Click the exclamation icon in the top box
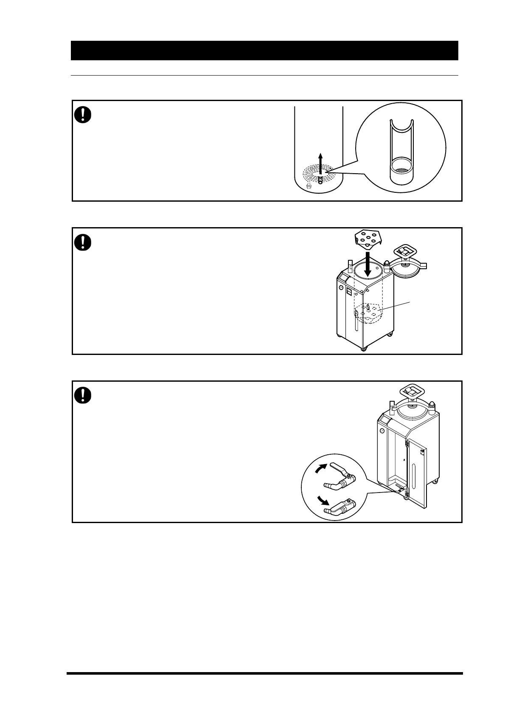click(x=83, y=115)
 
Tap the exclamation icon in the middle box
click(x=83, y=242)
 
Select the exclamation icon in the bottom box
click(x=83, y=395)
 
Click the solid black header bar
click(x=264, y=51)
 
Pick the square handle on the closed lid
click(x=412, y=391)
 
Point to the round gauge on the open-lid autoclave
click(x=341, y=287)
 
